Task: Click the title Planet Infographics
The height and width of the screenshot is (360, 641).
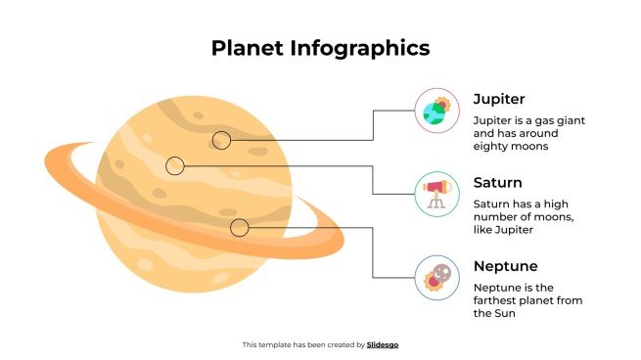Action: (x=320, y=48)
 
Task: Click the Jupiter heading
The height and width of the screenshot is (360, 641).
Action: (x=499, y=99)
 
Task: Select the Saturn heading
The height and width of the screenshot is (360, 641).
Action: (x=497, y=183)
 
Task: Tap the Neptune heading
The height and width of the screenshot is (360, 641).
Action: (x=505, y=266)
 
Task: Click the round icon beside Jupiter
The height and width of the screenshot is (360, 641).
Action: (x=436, y=110)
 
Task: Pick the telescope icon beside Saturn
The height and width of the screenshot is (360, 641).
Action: (x=436, y=193)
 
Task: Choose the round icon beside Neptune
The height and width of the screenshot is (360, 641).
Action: (x=436, y=277)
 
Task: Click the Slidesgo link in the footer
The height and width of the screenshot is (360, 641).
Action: (x=383, y=344)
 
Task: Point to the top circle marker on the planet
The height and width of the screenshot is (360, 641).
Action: (x=222, y=140)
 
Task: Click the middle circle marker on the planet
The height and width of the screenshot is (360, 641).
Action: (x=175, y=166)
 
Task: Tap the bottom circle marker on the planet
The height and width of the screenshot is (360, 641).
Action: (x=239, y=228)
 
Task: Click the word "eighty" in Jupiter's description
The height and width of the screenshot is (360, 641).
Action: (x=492, y=146)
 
